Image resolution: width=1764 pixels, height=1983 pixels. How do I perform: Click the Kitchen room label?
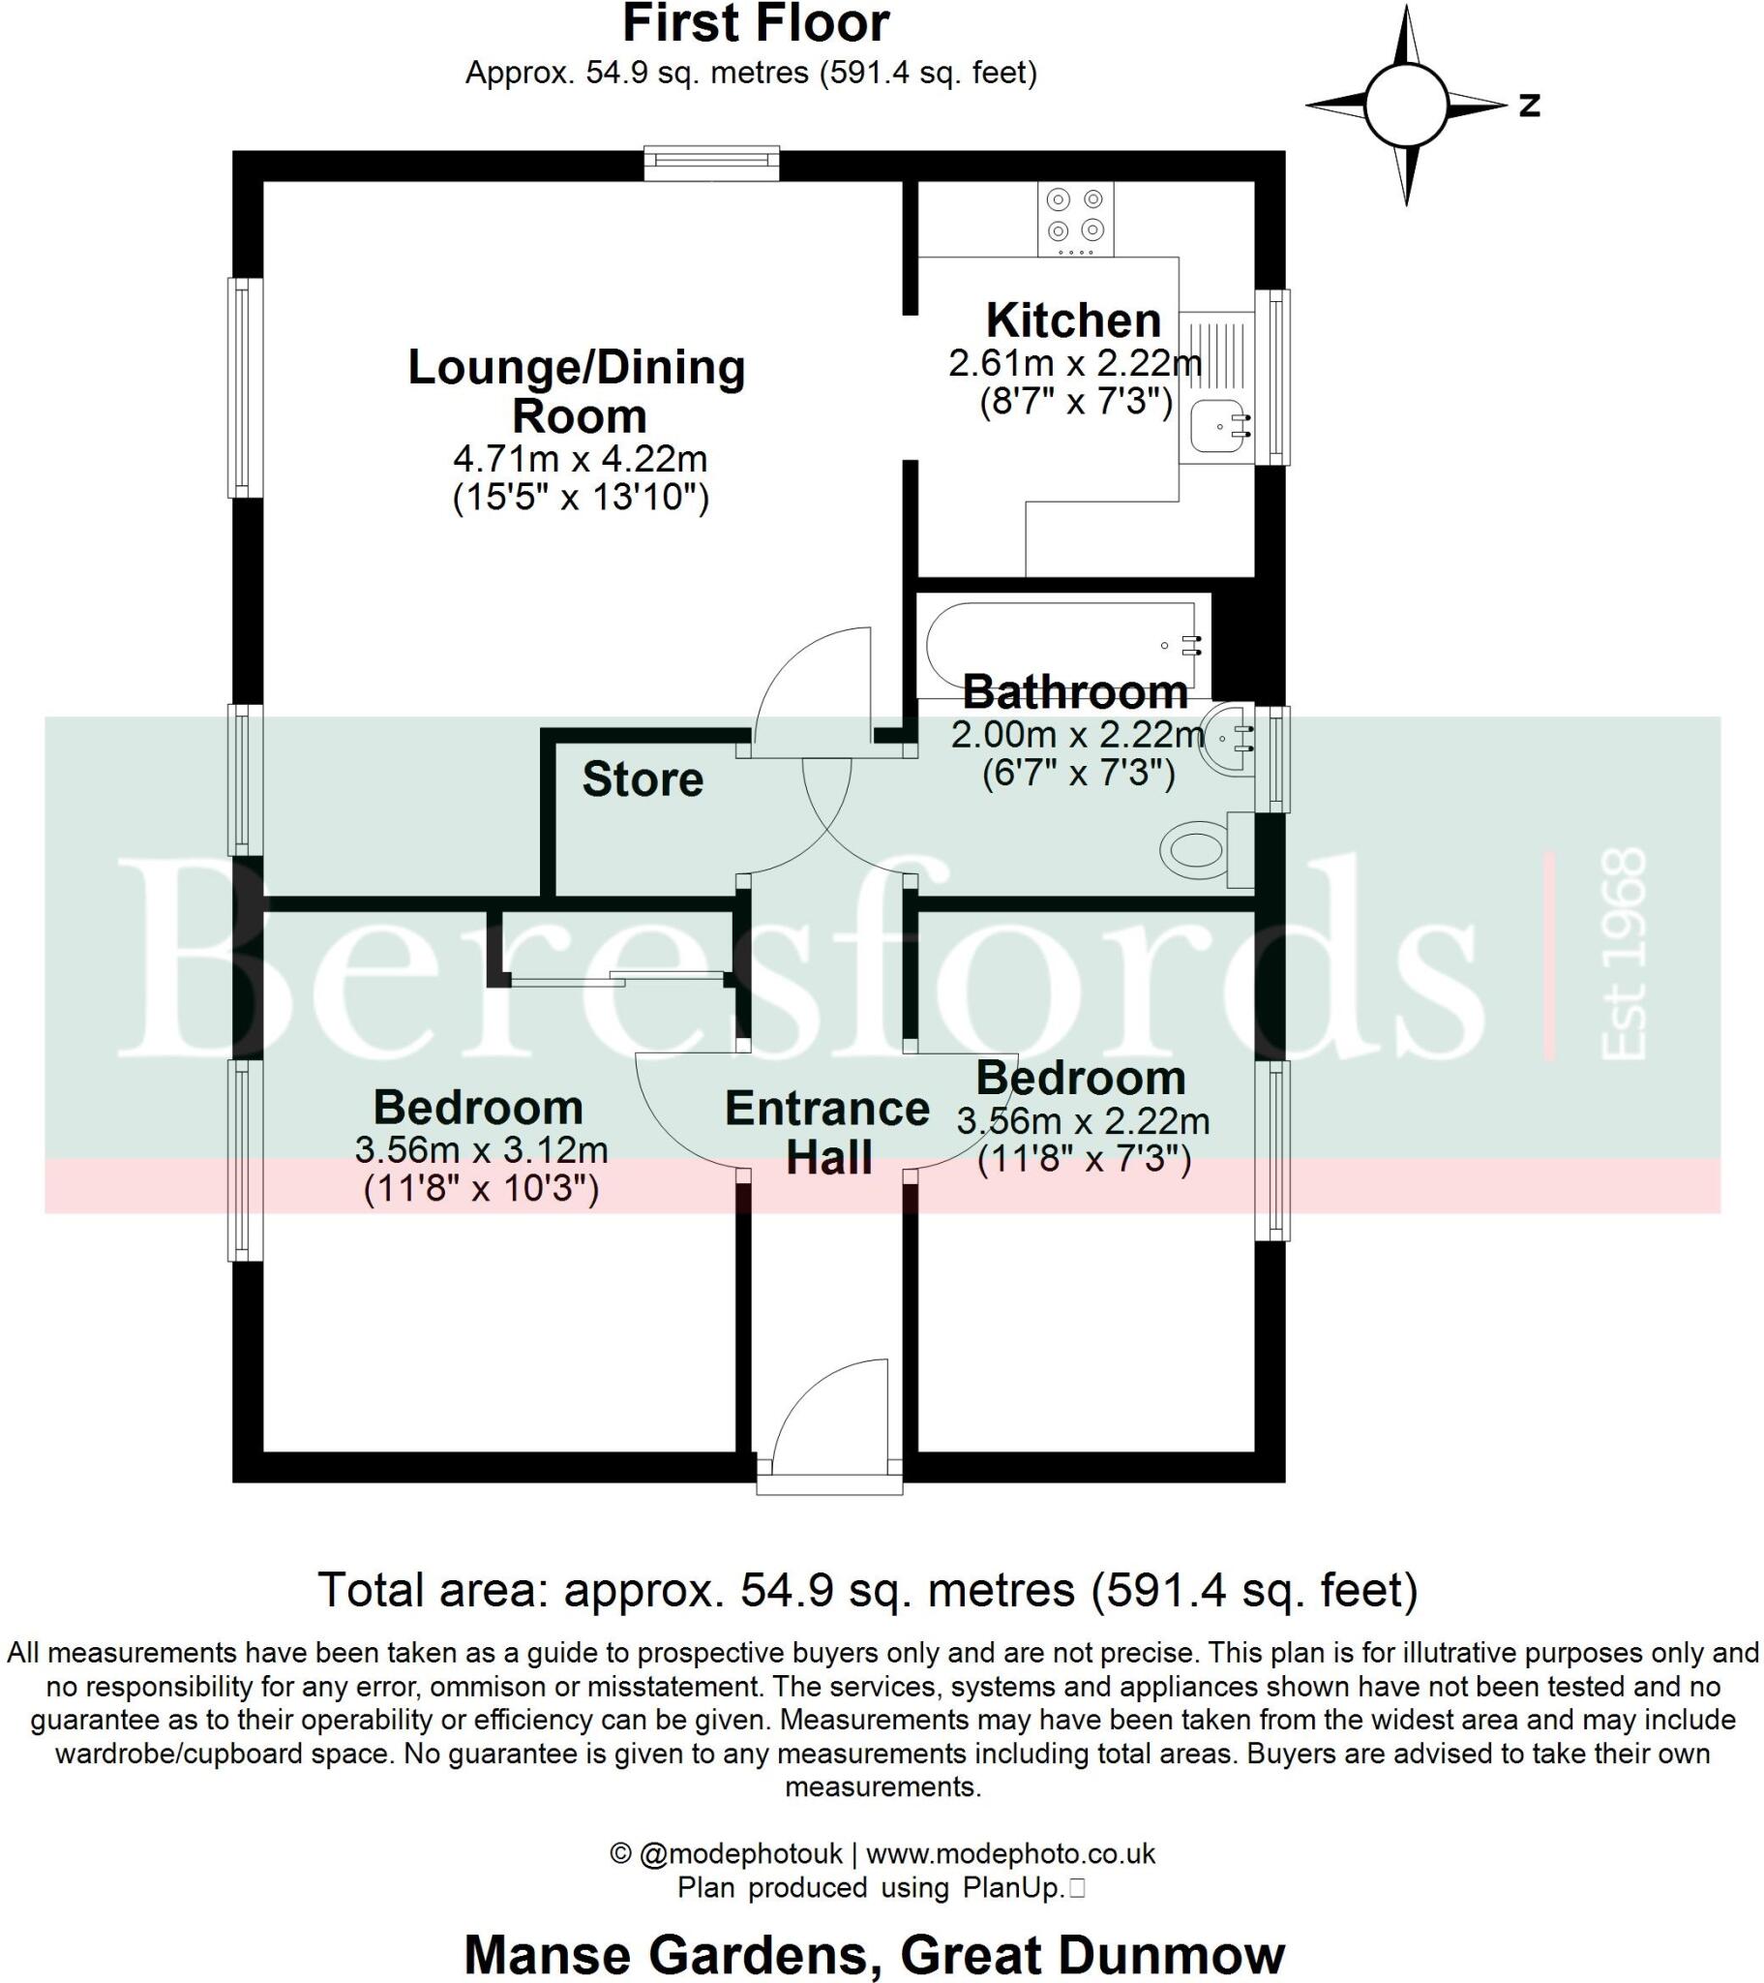pyautogui.click(x=1072, y=321)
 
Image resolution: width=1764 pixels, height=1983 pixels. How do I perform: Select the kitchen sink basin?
pyautogui.click(x=1214, y=426)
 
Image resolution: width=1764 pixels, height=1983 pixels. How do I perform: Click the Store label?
pyautogui.click(x=642, y=780)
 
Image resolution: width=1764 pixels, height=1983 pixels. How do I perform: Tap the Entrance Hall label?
pyautogui.click(x=827, y=1132)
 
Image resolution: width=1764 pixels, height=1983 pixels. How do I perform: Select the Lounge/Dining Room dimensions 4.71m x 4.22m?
pyautogui.click(x=580, y=459)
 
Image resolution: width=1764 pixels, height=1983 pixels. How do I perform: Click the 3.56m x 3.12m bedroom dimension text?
pyautogui.click(x=481, y=1150)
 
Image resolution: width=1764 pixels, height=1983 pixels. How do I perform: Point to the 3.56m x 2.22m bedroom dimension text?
pyautogui.click(x=1083, y=1122)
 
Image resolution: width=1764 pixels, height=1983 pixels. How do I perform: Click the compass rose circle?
pyautogui.click(x=1406, y=105)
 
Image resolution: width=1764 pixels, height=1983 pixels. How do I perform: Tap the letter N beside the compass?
pyautogui.click(x=1529, y=105)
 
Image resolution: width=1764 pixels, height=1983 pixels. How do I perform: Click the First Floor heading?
pyautogui.click(x=756, y=24)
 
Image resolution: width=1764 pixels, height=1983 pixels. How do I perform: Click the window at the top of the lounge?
pyautogui.click(x=712, y=162)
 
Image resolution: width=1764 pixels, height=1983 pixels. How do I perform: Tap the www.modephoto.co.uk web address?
pyautogui.click(x=1009, y=1854)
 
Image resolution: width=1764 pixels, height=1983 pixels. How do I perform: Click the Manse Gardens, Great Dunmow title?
pyautogui.click(x=874, y=1954)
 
